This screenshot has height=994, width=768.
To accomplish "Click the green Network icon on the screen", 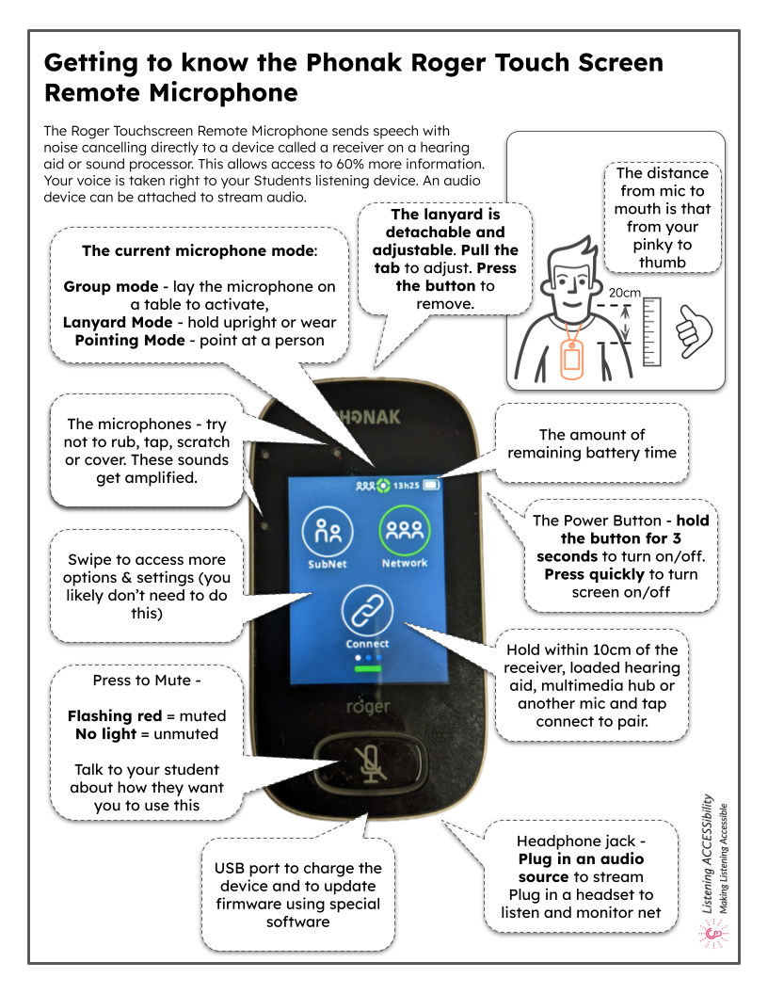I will pos(404,533).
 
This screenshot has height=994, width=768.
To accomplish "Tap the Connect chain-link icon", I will pos(366,611).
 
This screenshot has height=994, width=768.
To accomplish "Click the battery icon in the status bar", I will pos(432,486).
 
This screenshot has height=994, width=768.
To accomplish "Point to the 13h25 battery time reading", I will pos(406,486).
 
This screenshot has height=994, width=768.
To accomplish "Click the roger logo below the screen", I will pos(367,705).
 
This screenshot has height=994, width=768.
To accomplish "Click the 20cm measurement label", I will pos(624,293).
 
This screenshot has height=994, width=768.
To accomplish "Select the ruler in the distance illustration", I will pos(651,331).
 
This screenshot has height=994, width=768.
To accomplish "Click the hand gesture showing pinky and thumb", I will pos(696,326).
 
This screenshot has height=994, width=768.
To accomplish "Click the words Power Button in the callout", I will pos(602,521).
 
